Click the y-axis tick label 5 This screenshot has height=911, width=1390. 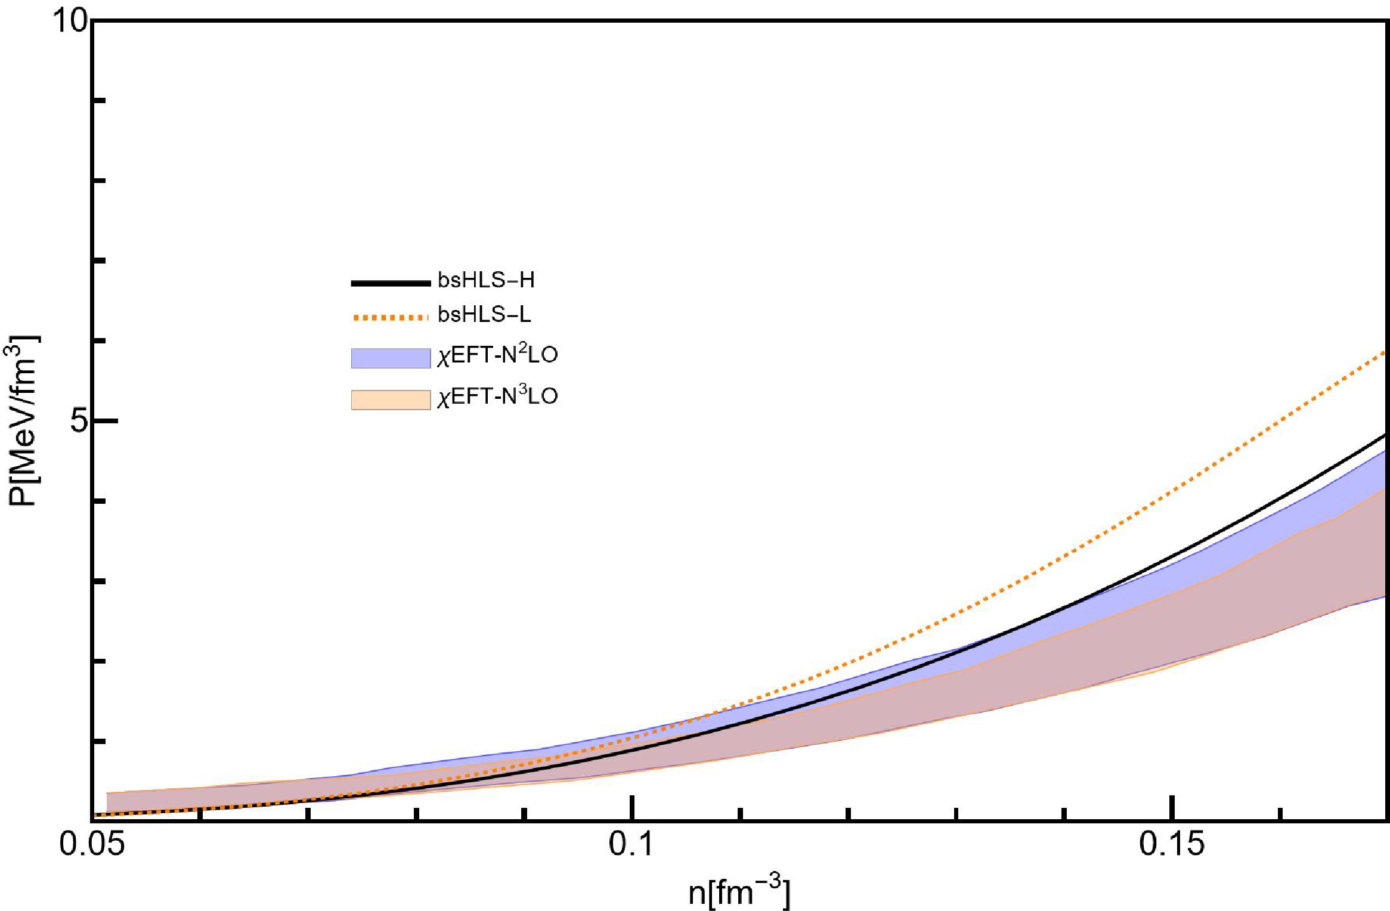[x=79, y=421]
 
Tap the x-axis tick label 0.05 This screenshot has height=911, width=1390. [x=92, y=844]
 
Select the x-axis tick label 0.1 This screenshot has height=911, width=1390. [x=631, y=844]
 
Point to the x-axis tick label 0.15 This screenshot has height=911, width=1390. [x=1172, y=844]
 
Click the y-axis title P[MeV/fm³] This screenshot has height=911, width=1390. [x=22, y=421]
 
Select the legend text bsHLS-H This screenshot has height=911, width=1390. [x=486, y=280]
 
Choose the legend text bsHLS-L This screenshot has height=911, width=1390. [x=484, y=315]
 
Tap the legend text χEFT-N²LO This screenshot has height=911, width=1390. [x=497, y=355]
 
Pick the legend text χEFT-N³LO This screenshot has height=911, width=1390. [x=497, y=396]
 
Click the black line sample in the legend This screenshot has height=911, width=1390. [x=391, y=283]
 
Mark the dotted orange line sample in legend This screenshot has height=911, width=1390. [x=391, y=317]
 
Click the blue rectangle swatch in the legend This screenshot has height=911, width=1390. [x=391, y=358]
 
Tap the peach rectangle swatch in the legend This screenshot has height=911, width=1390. [x=391, y=399]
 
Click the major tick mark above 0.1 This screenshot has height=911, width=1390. [x=632, y=808]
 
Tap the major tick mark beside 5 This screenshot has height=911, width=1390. [x=105, y=421]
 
